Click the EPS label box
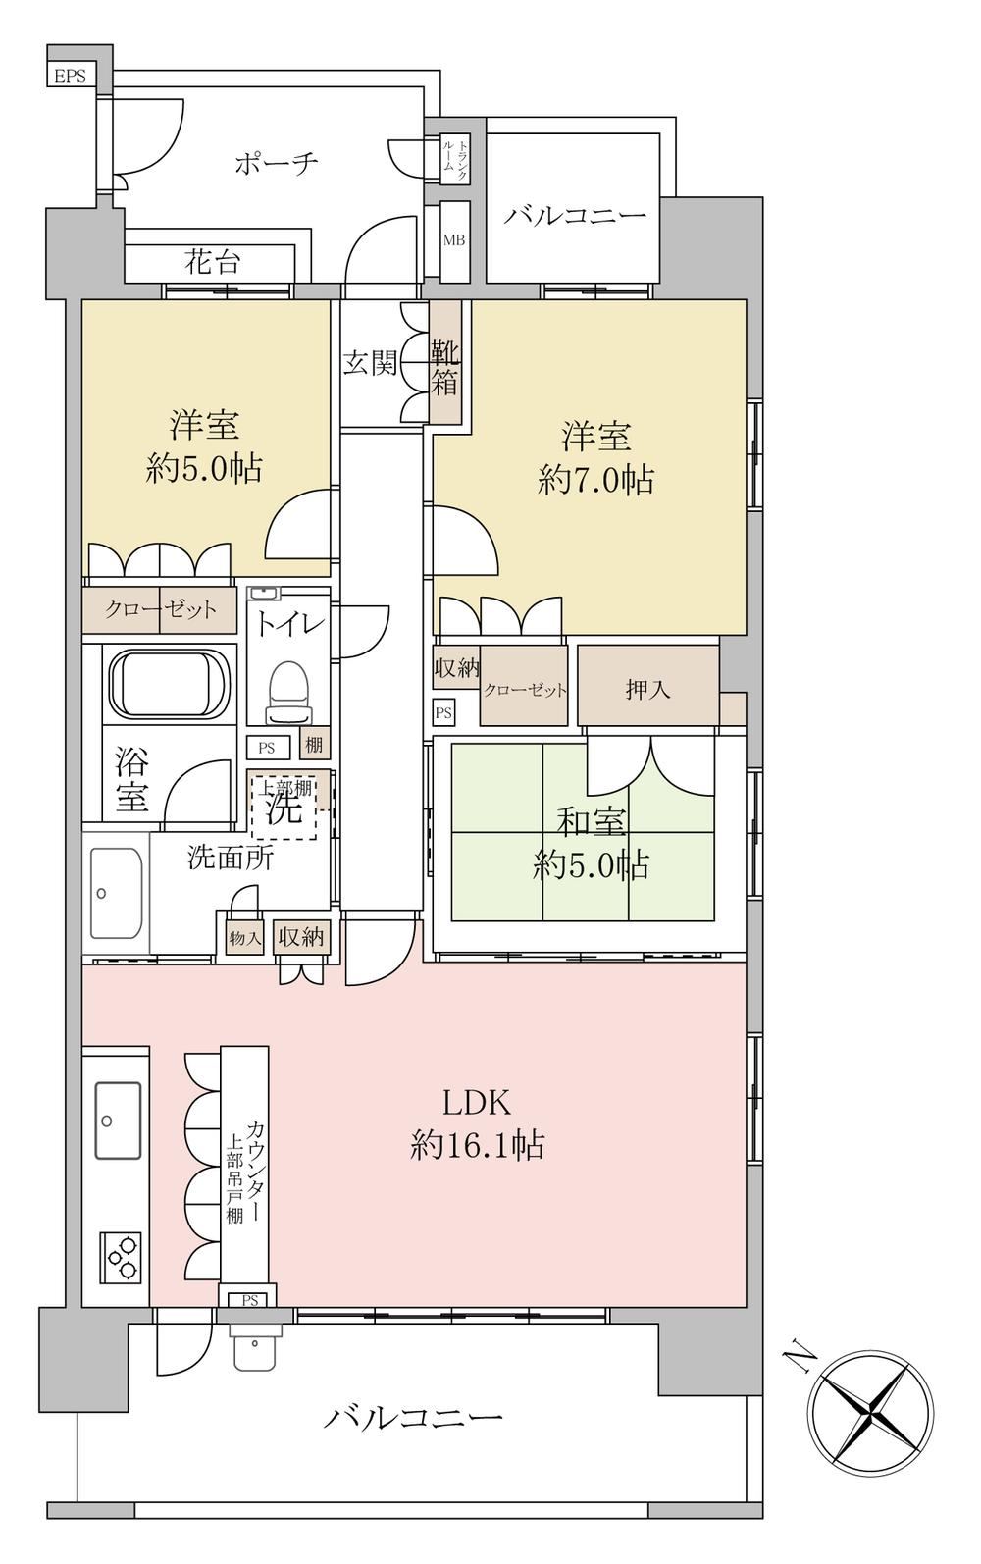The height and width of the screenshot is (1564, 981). (x=71, y=76)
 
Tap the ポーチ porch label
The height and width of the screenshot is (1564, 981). (x=277, y=164)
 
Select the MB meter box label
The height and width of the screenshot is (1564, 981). (x=454, y=240)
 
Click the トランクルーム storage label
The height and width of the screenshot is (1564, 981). (x=454, y=161)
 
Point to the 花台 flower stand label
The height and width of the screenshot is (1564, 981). (x=213, y=263)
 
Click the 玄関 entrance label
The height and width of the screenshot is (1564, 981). (x=370, y=363)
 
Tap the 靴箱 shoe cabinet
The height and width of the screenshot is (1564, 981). (x=444, y=363)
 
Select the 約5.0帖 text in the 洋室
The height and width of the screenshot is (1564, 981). (x=204, y=468)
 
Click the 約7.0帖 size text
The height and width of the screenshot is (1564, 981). (x=595, y=480)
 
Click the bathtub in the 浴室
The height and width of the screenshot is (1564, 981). (x=169, y=684)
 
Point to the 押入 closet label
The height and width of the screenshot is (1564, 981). (x=647, y=690)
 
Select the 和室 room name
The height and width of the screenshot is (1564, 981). (x=591, y=823)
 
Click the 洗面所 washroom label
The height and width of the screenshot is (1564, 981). (x=231, y=858)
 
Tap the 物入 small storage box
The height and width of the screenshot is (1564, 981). (x=245, y=938)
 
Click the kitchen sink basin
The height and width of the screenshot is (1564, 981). (x=118, y=1121)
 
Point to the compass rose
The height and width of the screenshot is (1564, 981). (x=871, y=1402)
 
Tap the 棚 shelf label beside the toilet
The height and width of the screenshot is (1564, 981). (x=314, y=745)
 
